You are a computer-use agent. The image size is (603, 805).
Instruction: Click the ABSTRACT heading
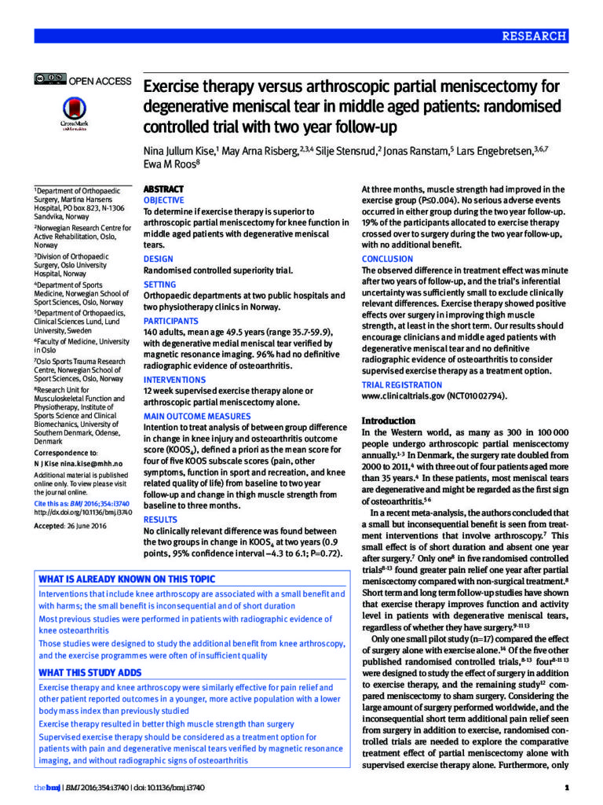163,189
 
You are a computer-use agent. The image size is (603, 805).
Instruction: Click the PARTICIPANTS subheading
171,322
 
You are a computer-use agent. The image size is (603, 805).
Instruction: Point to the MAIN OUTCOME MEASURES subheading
197,417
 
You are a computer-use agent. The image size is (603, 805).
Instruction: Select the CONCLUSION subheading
387,259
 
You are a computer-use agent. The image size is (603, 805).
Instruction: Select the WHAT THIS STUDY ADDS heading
90,673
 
